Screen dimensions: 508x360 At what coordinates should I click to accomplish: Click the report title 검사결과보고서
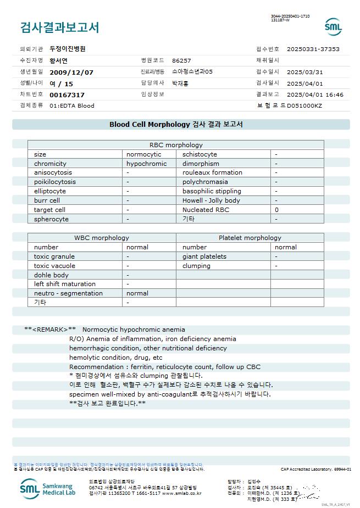[59, 27]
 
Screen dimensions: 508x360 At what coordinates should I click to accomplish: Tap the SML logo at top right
[333, 27]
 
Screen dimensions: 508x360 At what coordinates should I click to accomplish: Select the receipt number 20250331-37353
[313, 49]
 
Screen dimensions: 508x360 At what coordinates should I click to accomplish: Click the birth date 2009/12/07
[71, 72]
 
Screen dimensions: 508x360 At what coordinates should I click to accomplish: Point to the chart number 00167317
[67, 95]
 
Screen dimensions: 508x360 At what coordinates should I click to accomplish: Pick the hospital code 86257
[181, 60]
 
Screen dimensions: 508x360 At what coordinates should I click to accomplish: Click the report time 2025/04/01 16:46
[315, 94]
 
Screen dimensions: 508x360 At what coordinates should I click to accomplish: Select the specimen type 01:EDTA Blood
[72, 105]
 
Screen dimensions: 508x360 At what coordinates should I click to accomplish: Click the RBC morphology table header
[176, 145]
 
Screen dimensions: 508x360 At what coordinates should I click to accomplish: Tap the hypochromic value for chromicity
[146, 164]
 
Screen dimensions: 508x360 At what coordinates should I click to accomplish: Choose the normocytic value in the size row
[144, 154]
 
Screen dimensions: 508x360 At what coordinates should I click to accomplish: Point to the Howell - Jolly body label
[211, 200]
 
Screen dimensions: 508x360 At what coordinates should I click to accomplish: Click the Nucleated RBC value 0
[277, 210]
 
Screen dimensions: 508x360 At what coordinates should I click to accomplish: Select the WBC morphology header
[102, 238]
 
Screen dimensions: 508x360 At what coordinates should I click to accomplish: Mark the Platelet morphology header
[250, 238]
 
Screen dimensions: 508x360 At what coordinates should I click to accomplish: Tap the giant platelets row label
[204, 256]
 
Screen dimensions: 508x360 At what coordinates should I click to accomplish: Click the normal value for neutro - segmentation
[137, 293]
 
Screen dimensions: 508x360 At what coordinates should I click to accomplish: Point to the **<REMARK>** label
[50, 330]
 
